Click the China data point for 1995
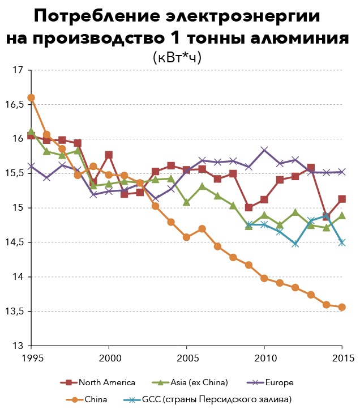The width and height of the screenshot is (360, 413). pos(31,97)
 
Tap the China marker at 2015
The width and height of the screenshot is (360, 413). pos(342,307)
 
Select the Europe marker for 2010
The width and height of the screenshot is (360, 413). pos(264,150)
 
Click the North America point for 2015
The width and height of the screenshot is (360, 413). pos(342,199)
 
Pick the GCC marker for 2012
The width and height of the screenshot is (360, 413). pos(295,244)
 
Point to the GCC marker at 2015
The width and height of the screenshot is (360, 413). pos(342,242)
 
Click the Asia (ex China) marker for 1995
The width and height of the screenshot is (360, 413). pos(31,131)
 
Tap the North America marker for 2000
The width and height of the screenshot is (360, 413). pos(109,155)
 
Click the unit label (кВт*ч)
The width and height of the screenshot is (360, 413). pos(177,58)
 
